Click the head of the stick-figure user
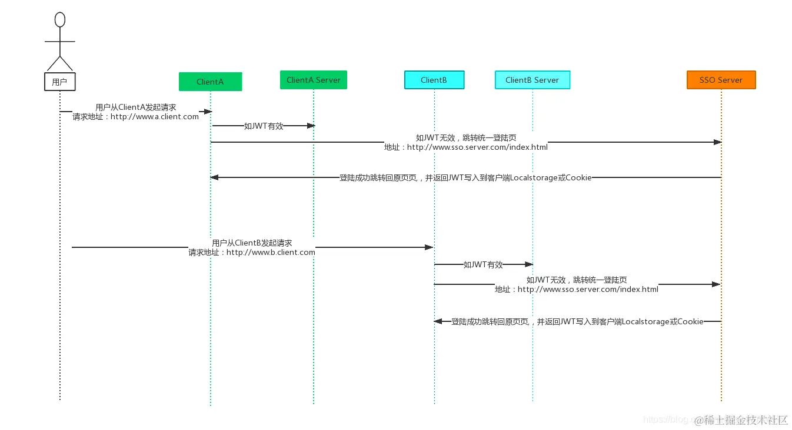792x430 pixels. [59, 20]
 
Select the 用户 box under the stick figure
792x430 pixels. [59, 82]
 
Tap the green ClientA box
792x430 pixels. [210, 82]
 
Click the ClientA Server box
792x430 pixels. [313, 80]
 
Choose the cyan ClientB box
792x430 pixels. [434, 80]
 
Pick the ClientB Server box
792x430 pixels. [532, 80]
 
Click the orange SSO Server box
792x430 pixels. [721, 80]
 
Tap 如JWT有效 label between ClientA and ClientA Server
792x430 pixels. [264, 126]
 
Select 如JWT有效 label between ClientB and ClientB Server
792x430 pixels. [483, 264]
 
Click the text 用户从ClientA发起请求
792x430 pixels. [136, 107]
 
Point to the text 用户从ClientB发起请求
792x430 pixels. [252, 243]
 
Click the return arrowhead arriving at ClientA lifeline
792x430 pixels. [215, 177]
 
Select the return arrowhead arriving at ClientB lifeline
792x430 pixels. [438, 321]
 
